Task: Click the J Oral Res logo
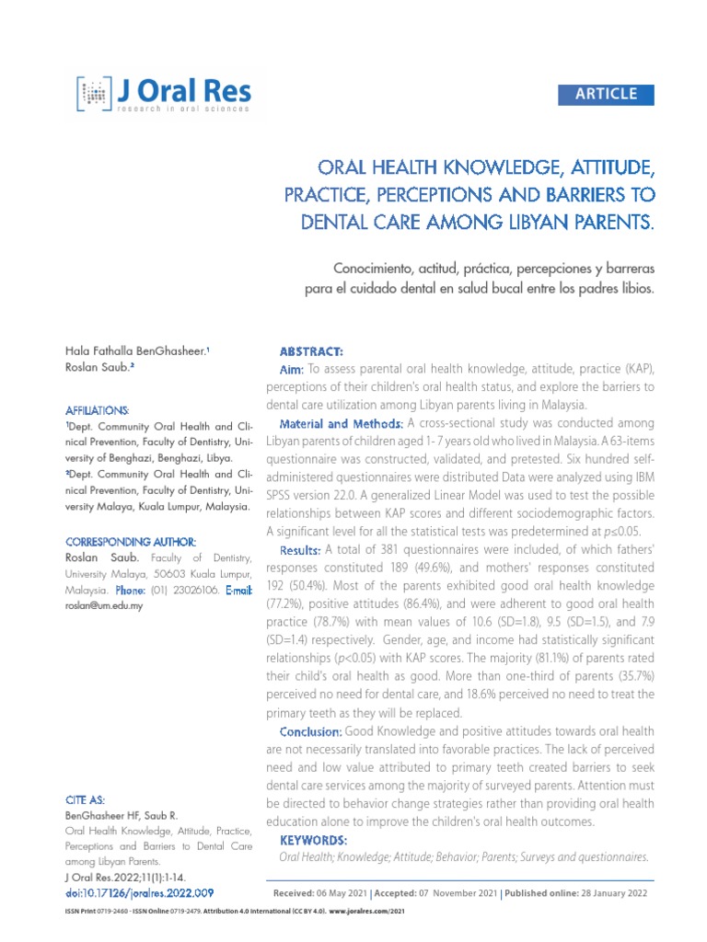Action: (x=163, y=94)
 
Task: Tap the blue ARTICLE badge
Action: (x=606, y=94)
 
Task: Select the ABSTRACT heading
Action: (x=311, y=352)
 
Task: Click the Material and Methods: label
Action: (x=341, y=423)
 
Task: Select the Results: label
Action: (x=300, y=549)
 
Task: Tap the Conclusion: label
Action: (x=310, y=731)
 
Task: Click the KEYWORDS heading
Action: (x=313, y=841)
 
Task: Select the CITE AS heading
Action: (x=86, y=800)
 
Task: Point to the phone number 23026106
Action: (x=191, y=590)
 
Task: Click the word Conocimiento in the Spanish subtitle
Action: (x=371, y=268)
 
